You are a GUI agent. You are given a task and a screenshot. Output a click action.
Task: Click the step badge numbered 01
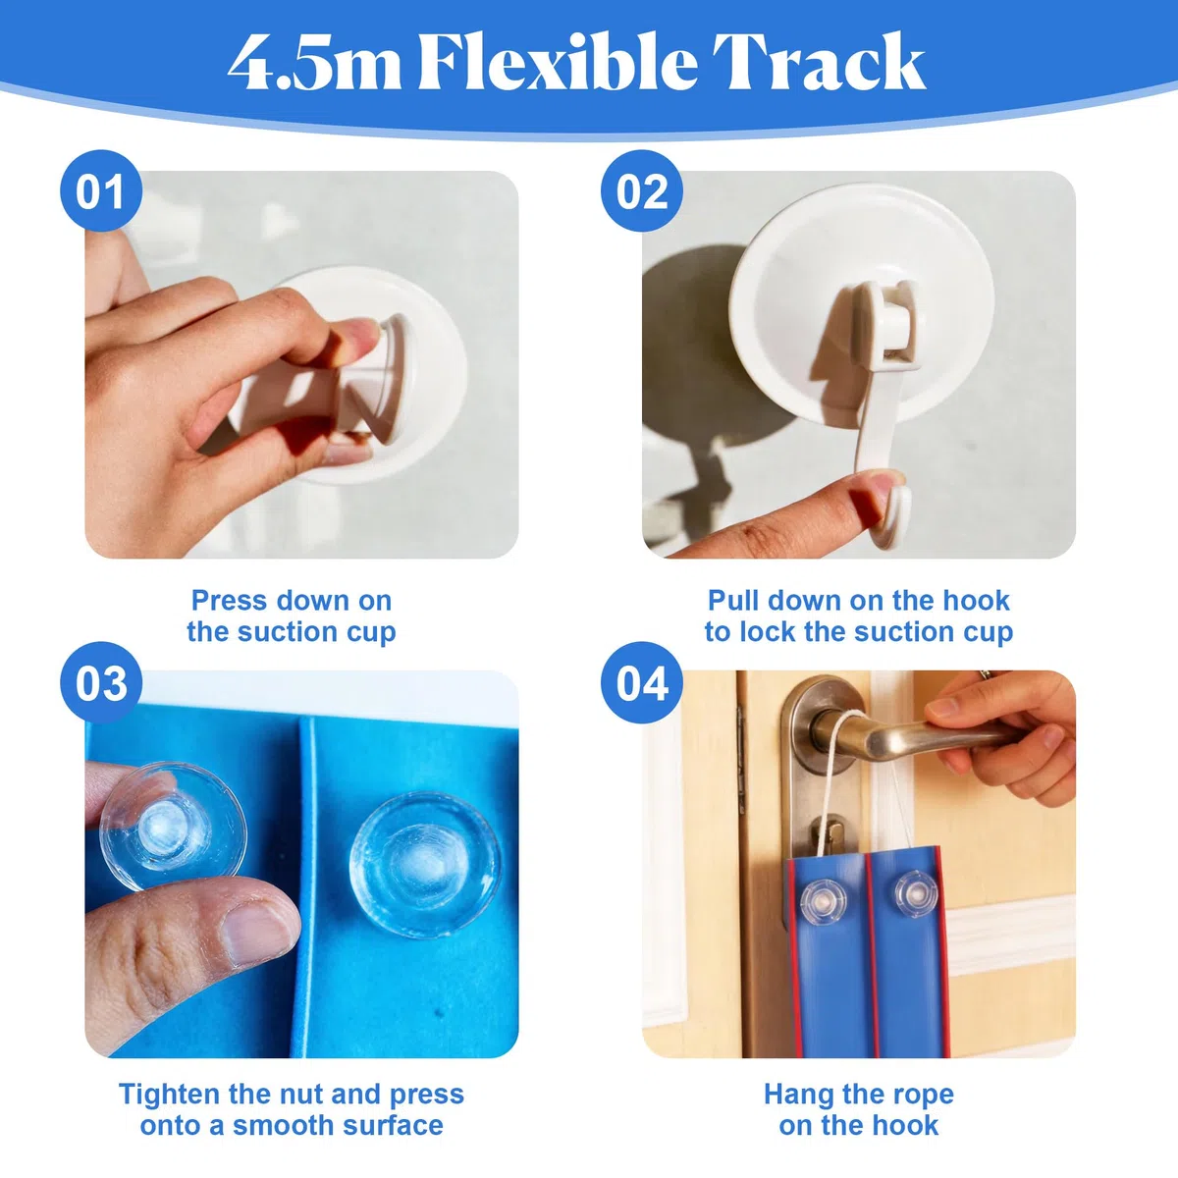pos(101,191)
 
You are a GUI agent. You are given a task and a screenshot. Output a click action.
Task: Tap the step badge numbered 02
pos(641,191)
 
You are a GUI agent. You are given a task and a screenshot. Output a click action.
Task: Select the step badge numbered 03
pos(101,683)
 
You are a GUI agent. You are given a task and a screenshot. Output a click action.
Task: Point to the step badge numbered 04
pos(641,683)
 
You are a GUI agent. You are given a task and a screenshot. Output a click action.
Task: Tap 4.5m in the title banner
pos(314,64)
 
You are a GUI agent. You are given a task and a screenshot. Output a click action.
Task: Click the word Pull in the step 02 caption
pos(733,601)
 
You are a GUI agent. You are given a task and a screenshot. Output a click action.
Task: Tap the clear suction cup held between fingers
pos(173,827)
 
